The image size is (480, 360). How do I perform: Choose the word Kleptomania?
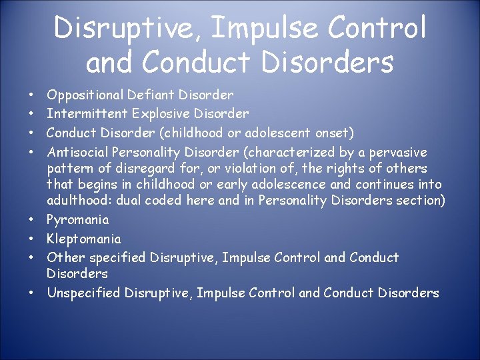tap(84, 239)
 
